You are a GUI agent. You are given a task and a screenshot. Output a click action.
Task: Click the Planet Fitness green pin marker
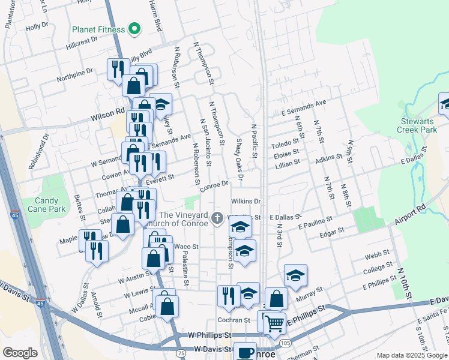(136, 29)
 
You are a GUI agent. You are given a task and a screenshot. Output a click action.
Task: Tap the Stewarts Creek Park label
(418, 125)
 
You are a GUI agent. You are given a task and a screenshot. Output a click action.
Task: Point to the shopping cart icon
(275, 323)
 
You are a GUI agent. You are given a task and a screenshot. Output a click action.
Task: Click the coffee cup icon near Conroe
(244, 352)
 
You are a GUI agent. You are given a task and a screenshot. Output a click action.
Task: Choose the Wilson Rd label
(107, 111)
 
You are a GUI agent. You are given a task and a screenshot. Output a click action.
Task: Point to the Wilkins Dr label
(245, 202)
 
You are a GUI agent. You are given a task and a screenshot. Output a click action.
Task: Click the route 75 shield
(181, 354)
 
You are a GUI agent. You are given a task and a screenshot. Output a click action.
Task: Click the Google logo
(20, 353)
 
